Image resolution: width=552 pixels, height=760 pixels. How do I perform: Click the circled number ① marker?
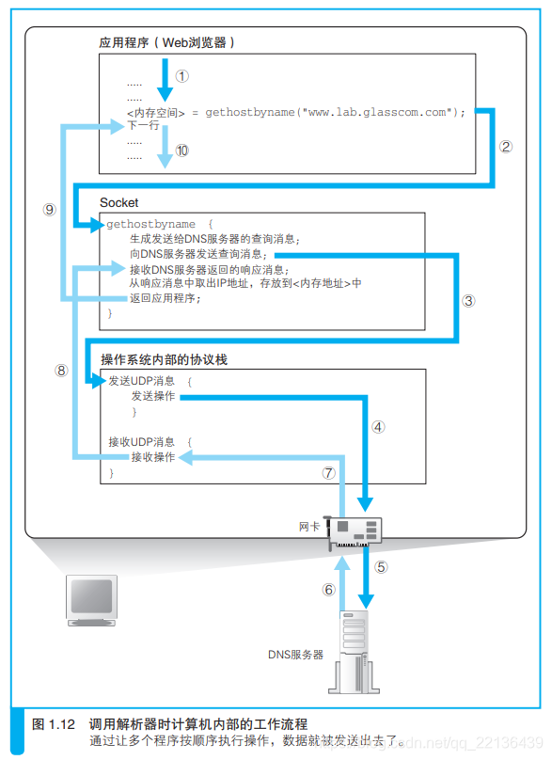[x=181, y=75]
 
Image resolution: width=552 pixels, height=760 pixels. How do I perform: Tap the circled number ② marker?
[x=506, y=146]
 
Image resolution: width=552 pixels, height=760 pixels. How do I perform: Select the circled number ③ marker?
[x=469, y=301]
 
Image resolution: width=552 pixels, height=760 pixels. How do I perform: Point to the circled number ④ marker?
[x=379, y=426]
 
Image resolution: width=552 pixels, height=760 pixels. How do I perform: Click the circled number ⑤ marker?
[x=381, y=566]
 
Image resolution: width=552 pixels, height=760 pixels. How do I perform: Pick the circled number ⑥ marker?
[x=328, y=590]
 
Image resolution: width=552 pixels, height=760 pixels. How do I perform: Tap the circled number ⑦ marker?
[x=328, y=473]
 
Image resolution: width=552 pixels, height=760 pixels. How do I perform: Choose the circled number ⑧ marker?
[x=62, y=370]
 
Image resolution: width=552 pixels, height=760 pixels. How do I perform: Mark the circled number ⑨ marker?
[x=51, y=210]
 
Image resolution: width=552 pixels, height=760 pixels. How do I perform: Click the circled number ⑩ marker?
[x=181, y=150]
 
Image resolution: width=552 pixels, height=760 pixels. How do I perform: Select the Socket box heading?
[x=119, y=202]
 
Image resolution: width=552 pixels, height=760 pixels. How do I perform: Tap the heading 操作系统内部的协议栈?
[x=165, y=359]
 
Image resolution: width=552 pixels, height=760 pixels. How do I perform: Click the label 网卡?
[x=309, y=527]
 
